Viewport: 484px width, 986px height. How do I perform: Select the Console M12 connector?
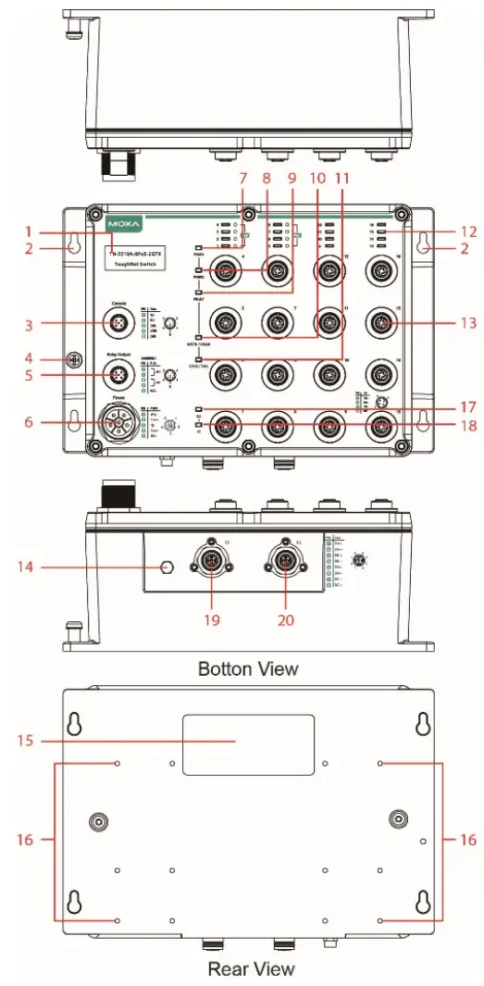[x=118, y=323]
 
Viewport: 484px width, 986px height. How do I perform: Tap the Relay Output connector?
[x=118, y=375]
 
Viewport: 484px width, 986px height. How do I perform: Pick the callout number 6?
[x=30, y=421]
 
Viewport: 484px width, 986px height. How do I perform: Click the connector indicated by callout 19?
[x=211, y=565]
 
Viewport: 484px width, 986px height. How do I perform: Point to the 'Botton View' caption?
[x=248, y=668]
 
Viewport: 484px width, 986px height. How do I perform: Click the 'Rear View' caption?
[x=251, y=968]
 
